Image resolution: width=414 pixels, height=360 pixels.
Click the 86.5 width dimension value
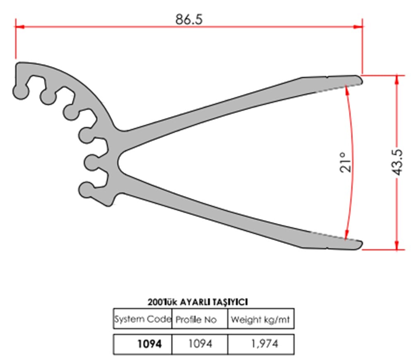pyautogui.click(x=189, y=19)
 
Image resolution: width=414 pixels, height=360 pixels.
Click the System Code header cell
pyautogui.click(x=142, y=319)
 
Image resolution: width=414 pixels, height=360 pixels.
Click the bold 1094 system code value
pyautogui.click(x=149, y=343)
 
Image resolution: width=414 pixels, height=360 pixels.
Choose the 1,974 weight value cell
pyautogui.click(x=260, y=343)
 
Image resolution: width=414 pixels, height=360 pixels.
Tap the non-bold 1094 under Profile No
pyautogui.click(x=200, y=343)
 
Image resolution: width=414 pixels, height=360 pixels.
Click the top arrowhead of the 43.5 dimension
pyautogui.click(x=398, y=78)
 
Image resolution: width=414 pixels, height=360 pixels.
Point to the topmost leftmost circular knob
pyautogui.click(x=20, y=92)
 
